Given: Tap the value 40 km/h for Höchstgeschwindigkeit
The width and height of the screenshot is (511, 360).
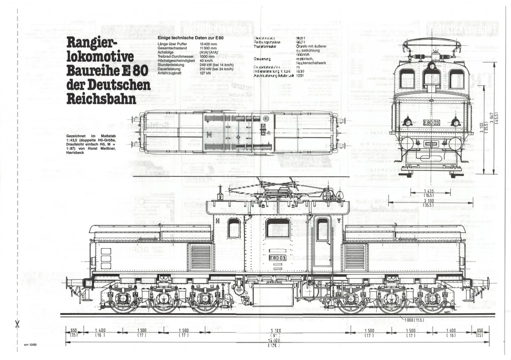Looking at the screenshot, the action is [x=207, y=61].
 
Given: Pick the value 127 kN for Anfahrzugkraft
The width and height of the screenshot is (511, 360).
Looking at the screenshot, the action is [x=207, y=73].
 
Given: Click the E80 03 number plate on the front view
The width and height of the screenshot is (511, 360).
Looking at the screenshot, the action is [x=431, y=122].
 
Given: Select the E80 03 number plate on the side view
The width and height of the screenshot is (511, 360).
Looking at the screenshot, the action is [x=277, y=257].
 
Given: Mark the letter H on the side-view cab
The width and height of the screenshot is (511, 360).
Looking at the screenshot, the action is [x=217, y=219].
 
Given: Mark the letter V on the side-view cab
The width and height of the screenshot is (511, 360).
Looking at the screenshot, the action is [x=339, y=219].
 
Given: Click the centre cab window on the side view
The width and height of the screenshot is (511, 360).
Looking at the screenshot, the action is [x=277, y=228].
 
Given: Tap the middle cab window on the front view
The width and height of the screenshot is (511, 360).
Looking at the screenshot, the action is [x=432, y=79].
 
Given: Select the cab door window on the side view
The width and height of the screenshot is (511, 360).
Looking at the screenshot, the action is [x=322, y=230].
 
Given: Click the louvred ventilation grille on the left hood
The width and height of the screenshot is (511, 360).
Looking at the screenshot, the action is [x=200, y=257].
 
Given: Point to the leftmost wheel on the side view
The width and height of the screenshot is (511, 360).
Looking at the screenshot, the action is [x=123, y=301].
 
